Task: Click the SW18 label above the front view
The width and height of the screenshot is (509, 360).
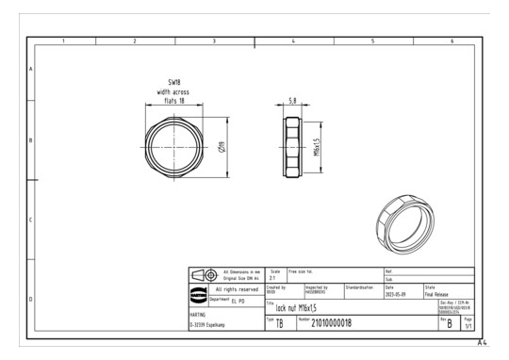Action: (174, 82)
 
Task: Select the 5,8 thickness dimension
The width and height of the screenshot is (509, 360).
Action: (294, 99)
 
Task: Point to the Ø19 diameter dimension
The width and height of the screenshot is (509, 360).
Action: (221, 149)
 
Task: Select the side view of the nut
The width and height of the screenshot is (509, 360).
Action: (294, 148)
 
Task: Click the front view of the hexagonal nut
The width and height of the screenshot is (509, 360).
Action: (175, 149)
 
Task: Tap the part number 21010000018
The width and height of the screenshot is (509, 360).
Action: (352, 322)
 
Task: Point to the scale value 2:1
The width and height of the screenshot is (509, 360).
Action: (274, 278)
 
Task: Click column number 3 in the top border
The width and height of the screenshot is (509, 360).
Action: (215, 41)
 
